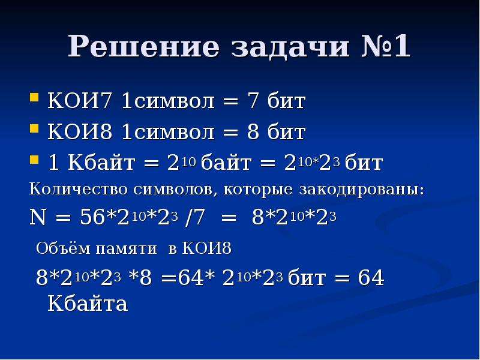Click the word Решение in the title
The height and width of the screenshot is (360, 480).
(x=143, y=46)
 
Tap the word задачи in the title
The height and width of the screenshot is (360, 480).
(x=290, y=47)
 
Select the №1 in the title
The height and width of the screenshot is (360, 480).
(x=386, y=46)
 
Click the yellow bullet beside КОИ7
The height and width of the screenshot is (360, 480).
(x=34, y=98)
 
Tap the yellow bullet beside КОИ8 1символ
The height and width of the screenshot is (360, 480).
(x=34, y=128)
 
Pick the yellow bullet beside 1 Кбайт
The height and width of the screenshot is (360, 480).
(x=34, y=159)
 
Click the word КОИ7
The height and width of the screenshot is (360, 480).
(x=79, y=101)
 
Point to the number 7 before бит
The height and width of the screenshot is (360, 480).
(x=253, y=101)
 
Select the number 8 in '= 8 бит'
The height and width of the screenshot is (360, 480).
(x=253, y=132)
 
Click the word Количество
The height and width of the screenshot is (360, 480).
(x=78, y=189)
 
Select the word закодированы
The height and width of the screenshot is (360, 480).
(x=362, y=189)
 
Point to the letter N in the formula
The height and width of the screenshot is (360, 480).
(x=38, y=217)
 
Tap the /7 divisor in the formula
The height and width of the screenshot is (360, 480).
(x=194, y=217)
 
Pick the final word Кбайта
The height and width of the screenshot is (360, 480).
(x=88, y=304)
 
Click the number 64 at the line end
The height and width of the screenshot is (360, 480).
(x=371, y=278)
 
